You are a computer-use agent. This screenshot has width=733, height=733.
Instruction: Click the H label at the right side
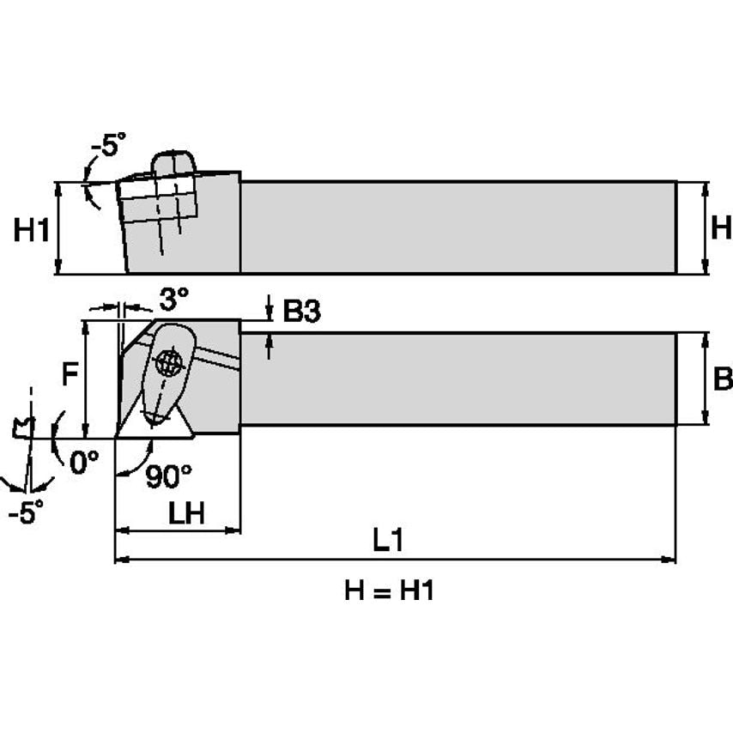(x=722, y=227)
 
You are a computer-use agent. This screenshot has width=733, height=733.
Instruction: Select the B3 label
(x=301, y=312)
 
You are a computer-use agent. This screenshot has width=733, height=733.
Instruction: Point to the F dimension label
(x=71, y=373)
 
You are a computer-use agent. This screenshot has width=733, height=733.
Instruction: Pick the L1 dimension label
(x=388, y=540)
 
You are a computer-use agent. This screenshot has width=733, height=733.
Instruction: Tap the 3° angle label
(x=173, y=299)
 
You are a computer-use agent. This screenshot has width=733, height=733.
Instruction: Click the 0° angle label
(x=84, y=463)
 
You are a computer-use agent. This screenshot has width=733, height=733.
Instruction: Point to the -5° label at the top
(x=108, y=145)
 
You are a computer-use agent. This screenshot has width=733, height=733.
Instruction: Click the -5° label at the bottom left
(x=26, y=512)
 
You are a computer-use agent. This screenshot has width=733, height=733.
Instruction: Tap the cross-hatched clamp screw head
(x=171, y=362)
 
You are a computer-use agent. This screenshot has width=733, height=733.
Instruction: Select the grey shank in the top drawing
(x=457, y=227)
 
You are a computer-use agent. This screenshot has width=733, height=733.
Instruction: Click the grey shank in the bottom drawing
(x=457, y=379)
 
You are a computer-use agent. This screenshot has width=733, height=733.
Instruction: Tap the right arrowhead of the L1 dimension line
(x=669, y=560)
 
